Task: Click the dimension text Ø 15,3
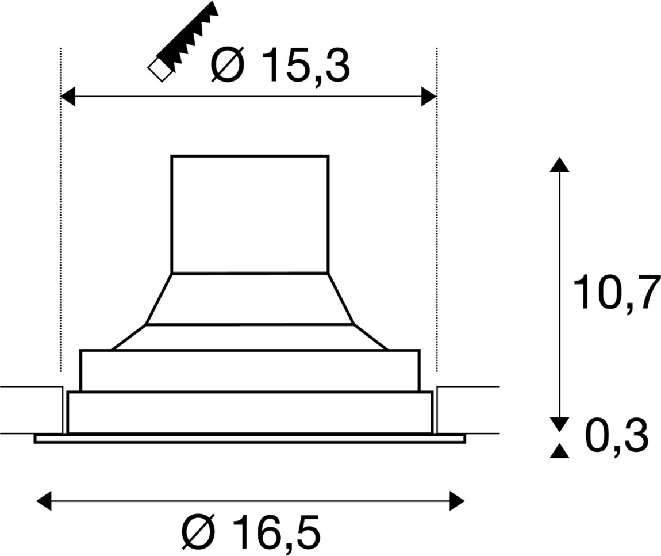coord(280,66)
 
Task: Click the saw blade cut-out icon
coord(183,41)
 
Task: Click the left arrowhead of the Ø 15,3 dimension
coord(68,97)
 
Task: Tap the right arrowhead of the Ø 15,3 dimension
coord(429,97)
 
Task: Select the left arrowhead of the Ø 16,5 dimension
coord(44,501)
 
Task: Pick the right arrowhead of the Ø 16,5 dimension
coord(457,501)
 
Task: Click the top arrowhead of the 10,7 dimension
coord(559,164)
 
